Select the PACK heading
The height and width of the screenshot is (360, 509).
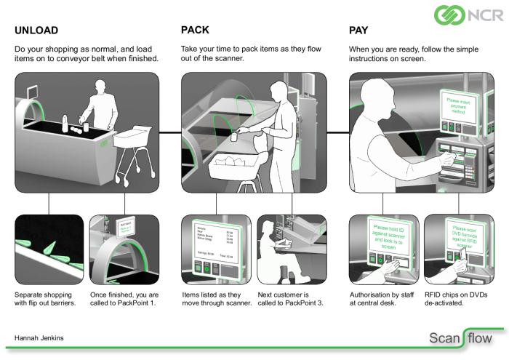pos(196,31)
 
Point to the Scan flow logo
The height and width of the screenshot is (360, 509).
pos(460,338)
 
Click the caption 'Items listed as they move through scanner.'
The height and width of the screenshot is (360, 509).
pos(216,298)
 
